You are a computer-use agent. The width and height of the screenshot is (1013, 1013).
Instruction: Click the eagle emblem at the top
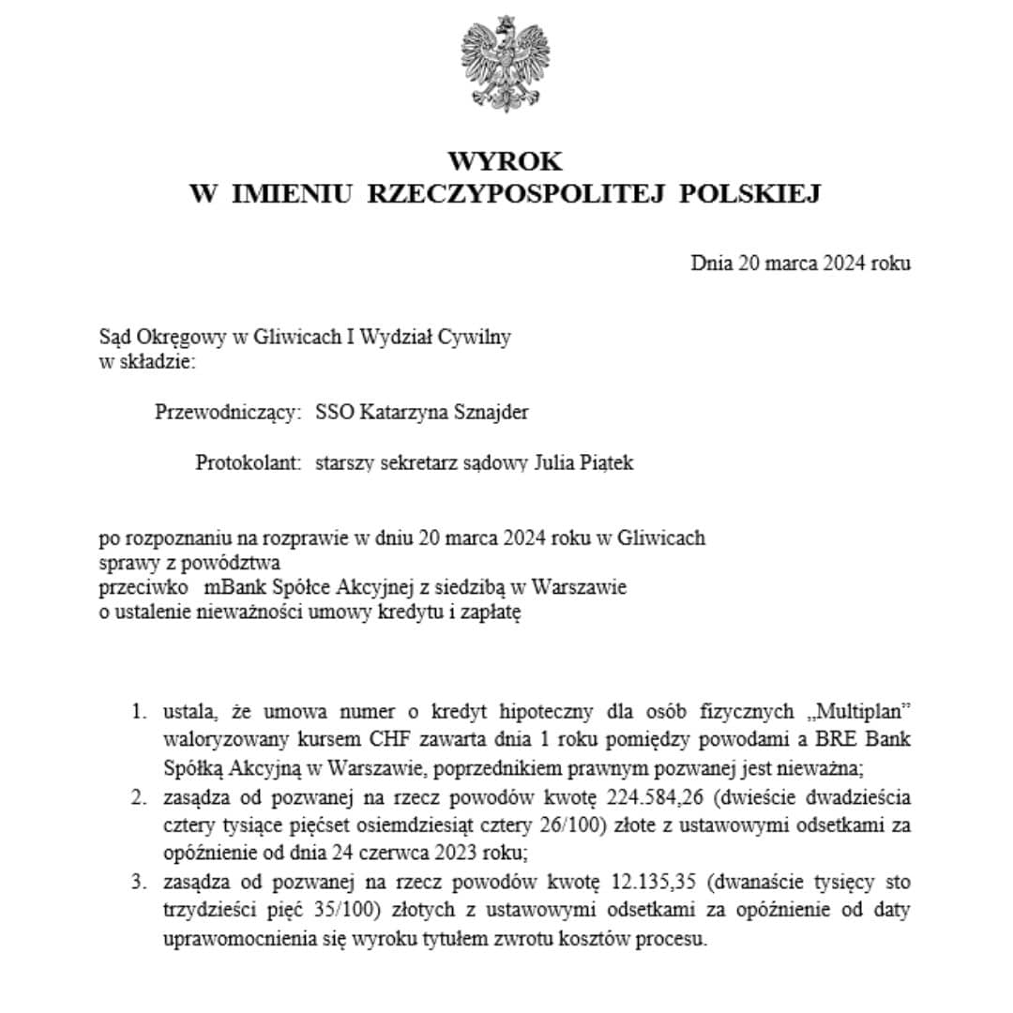(x=506, y=63)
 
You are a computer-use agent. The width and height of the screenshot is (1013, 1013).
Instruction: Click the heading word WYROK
(x=506, y=161)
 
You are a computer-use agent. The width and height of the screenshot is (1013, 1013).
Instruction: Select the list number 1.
(x=138, y=711)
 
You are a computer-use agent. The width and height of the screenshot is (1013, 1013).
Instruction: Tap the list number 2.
(x=138, y=799)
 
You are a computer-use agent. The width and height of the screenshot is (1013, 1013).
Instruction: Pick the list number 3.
(x=138, y=884)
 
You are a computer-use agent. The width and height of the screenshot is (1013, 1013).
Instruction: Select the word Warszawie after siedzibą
(x=580, y=588)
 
